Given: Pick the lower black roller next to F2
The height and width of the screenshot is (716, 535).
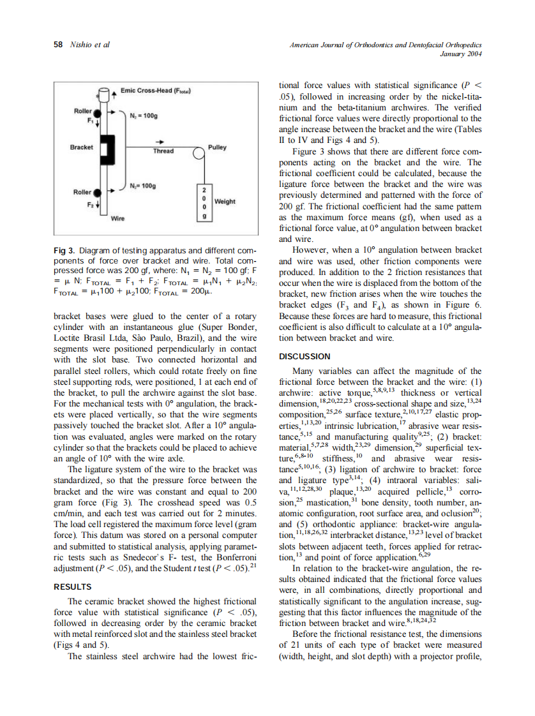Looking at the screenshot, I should click(97, 191).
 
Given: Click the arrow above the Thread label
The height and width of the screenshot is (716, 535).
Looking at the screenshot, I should click(162, 142).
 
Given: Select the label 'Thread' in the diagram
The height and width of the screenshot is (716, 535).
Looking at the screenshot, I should click(163, 152).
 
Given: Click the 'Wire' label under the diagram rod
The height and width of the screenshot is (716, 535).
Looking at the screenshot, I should click(117, 218).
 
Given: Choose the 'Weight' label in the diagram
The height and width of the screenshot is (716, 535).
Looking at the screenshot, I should click(225, 202).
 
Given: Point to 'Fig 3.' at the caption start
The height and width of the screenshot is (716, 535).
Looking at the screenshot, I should click(64, 251).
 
